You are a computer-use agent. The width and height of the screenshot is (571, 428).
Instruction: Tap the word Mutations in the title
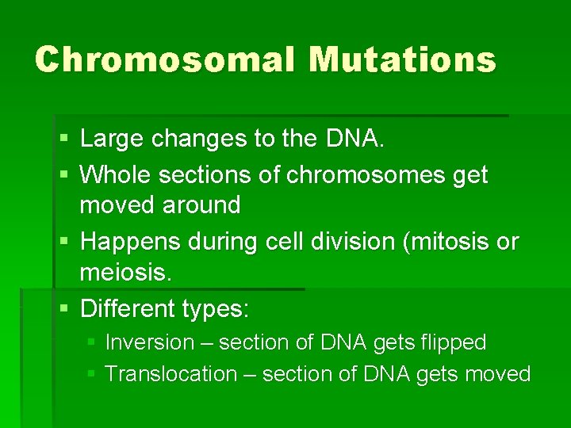403,59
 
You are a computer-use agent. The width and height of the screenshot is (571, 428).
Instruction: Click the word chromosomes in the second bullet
358,174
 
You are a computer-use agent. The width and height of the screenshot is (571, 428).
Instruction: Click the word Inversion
149,342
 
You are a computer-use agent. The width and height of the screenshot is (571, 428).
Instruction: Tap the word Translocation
171,373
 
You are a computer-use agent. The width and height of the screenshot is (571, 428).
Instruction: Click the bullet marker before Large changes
63,140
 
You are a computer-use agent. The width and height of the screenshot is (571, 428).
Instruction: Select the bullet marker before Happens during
63,242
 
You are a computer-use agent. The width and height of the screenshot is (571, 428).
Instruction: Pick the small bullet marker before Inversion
92,343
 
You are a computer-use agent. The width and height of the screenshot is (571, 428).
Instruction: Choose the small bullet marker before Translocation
92,374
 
